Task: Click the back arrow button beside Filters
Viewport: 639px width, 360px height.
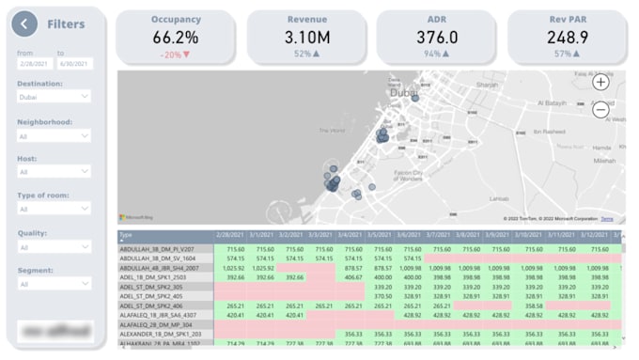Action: click(x=25, y=23)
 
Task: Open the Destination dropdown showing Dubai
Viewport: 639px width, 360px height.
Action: click(x=54, y=96)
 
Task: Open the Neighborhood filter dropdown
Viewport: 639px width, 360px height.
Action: click(x=54, y=135)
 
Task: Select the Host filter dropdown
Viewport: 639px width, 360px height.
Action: click(x=54, y=172)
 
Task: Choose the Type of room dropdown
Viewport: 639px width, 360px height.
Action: click(x=54, y=209)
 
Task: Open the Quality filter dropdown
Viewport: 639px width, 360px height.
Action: click(x=54, y=247)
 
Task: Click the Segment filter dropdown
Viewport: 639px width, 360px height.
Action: click(x=54, y=284)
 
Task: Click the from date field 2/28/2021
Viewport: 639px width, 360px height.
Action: click(x=34, y=63)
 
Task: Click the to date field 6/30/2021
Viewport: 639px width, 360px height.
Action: click(x=74, y=63)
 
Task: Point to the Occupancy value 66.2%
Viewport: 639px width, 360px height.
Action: click(x=176, y=38)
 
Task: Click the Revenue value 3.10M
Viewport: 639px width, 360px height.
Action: click(x=306, y=38)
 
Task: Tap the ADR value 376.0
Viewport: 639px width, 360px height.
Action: click(x=437, y=38)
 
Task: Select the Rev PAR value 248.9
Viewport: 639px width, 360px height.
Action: click(x=568, y=38)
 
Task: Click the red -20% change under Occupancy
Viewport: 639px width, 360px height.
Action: click(x=175, y=55)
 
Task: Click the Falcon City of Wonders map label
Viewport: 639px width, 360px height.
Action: click(x=406, y=175)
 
